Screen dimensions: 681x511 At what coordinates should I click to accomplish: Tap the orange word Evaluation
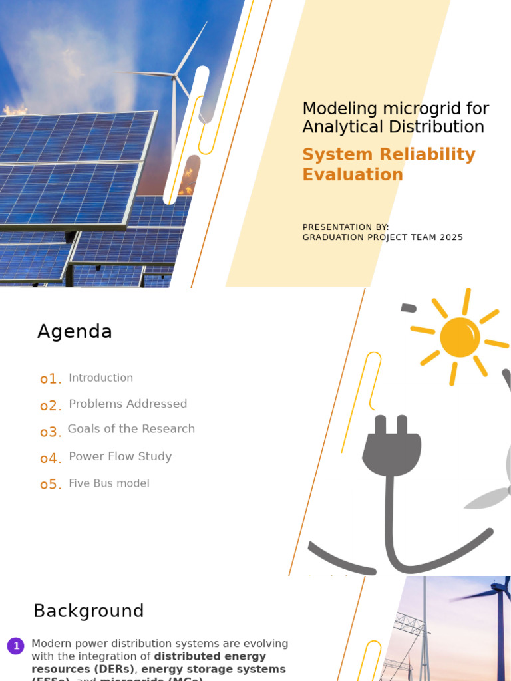353,175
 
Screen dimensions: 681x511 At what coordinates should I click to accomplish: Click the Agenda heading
75,331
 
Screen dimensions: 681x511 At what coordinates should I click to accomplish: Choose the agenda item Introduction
100,378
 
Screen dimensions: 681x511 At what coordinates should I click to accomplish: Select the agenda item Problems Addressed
128,404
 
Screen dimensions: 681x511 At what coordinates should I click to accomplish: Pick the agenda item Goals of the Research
131,429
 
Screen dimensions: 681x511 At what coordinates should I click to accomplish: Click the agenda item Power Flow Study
120,456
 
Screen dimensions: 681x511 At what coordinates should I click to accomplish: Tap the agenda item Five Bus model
109,483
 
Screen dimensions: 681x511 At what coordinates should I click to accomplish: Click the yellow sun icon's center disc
460,337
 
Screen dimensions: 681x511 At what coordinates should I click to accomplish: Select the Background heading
88,611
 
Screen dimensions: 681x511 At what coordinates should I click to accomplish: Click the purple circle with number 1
16,646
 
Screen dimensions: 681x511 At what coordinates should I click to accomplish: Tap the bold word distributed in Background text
188,656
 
